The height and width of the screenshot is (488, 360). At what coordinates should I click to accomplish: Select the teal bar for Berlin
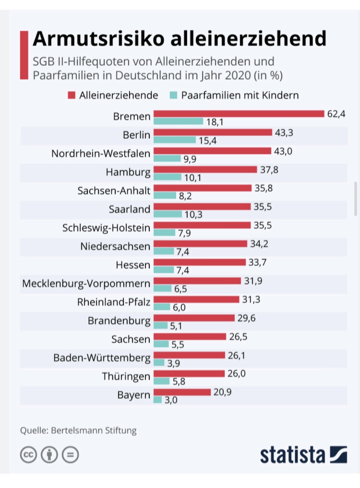point(175,140)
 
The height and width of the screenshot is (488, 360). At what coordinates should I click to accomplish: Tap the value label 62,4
point(336,114)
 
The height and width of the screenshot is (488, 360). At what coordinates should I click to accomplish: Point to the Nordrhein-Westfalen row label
point(101,154)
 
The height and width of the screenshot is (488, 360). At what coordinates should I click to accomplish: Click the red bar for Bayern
point(182,392)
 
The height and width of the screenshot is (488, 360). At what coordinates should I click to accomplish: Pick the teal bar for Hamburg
point(168,177)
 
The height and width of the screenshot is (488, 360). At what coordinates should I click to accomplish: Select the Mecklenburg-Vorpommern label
point(86,284)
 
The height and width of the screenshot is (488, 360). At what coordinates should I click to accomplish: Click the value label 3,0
point(170,400)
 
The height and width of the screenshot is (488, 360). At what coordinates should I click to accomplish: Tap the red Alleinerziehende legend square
point(72,95)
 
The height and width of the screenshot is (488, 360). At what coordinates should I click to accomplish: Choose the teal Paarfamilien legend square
point(174,95)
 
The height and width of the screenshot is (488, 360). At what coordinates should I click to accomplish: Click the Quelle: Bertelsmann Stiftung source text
point(78,430)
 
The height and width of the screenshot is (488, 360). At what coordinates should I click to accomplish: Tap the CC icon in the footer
point(28,454)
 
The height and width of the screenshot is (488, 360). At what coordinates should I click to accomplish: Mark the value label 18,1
point(214,122)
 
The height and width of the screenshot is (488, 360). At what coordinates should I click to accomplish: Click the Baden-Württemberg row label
point(102,358)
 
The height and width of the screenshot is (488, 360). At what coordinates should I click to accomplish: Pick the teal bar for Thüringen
point(162,381)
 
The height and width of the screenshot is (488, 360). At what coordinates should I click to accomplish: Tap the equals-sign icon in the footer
point(70,454)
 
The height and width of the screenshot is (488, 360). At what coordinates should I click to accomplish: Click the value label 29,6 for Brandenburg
point(246,318)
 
